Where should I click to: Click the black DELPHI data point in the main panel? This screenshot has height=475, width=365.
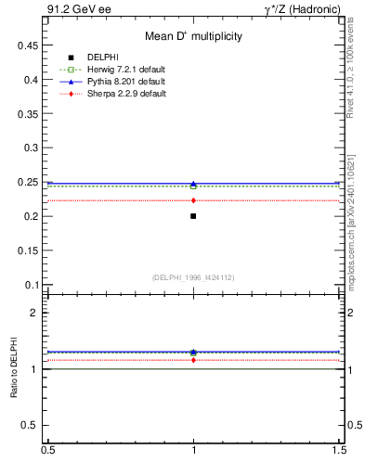pyautogui.click(x=193, y=216)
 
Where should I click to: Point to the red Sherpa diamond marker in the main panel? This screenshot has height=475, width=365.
pyautogui.click(x=193, y=200)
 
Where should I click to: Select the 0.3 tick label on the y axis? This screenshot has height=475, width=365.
pyautogui.click(x=29, y=148)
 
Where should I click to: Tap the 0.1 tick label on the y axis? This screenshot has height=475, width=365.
pyautogui.click(x=29, y=285)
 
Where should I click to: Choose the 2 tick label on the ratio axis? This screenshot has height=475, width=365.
pyautogui.click(x=34, y=313)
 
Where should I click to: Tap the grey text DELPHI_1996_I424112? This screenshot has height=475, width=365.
pyautogui.click(x=193, y=276)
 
